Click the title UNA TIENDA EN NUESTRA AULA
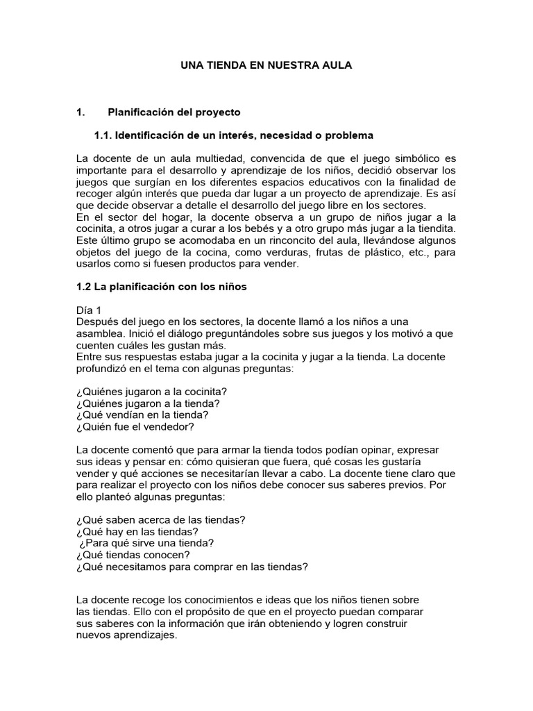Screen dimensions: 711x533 (266, 65)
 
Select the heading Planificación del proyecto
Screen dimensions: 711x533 (174, 112)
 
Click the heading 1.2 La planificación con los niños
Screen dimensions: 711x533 (161, 285)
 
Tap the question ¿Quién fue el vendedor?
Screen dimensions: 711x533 (135, 426)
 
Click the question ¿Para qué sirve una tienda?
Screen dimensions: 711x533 (147, 543)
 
